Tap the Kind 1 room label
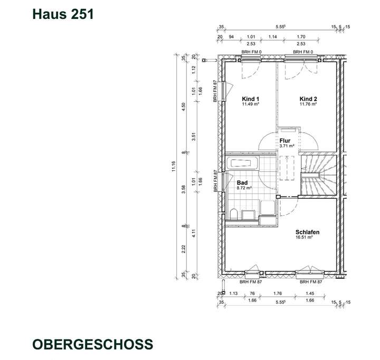[251, 99]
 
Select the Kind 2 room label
[308, 99]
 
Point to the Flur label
[286, 141]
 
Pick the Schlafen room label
[308, 232]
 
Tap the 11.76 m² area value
[308, 104]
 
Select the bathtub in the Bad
[242, 163]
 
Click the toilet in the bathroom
[233, 214]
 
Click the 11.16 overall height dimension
[173, 167]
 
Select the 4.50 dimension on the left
[184, 105]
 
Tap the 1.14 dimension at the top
[273, 37]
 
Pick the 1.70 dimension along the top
[301, 37]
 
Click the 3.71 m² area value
[286, 146]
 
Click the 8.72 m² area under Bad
[243, 188]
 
